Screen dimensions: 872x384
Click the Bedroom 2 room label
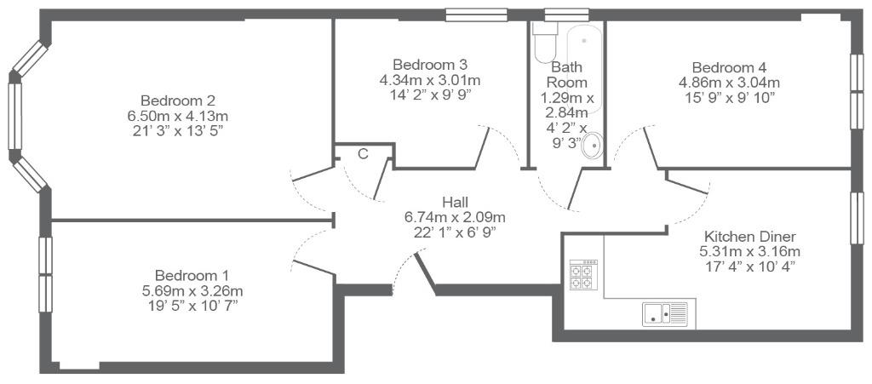coord(178,101)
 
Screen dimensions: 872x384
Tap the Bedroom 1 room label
coord(192,276)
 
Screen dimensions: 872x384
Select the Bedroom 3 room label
coord(430,65)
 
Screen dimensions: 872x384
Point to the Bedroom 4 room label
coord(729,68)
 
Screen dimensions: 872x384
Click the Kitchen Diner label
coord(749,235)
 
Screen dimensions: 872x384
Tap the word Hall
coord(455,201)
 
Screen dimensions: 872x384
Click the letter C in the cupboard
coord(363,154)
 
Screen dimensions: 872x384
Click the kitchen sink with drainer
coord(665,313)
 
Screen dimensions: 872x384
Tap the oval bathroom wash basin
coord(593,146)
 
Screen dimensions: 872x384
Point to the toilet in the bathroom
coord(543,43)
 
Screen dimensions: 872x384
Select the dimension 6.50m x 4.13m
coord(178,116)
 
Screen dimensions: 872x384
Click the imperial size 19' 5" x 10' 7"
coord(192,305)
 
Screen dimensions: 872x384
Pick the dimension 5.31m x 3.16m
coord(749,250)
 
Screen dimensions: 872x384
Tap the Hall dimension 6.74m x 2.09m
coord(455,216)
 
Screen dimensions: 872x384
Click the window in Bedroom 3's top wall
coord(477,14)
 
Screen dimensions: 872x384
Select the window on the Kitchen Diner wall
coord(857,218)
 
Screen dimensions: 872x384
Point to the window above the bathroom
coord(566,14)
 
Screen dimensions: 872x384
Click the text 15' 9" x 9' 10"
coord(729,98)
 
